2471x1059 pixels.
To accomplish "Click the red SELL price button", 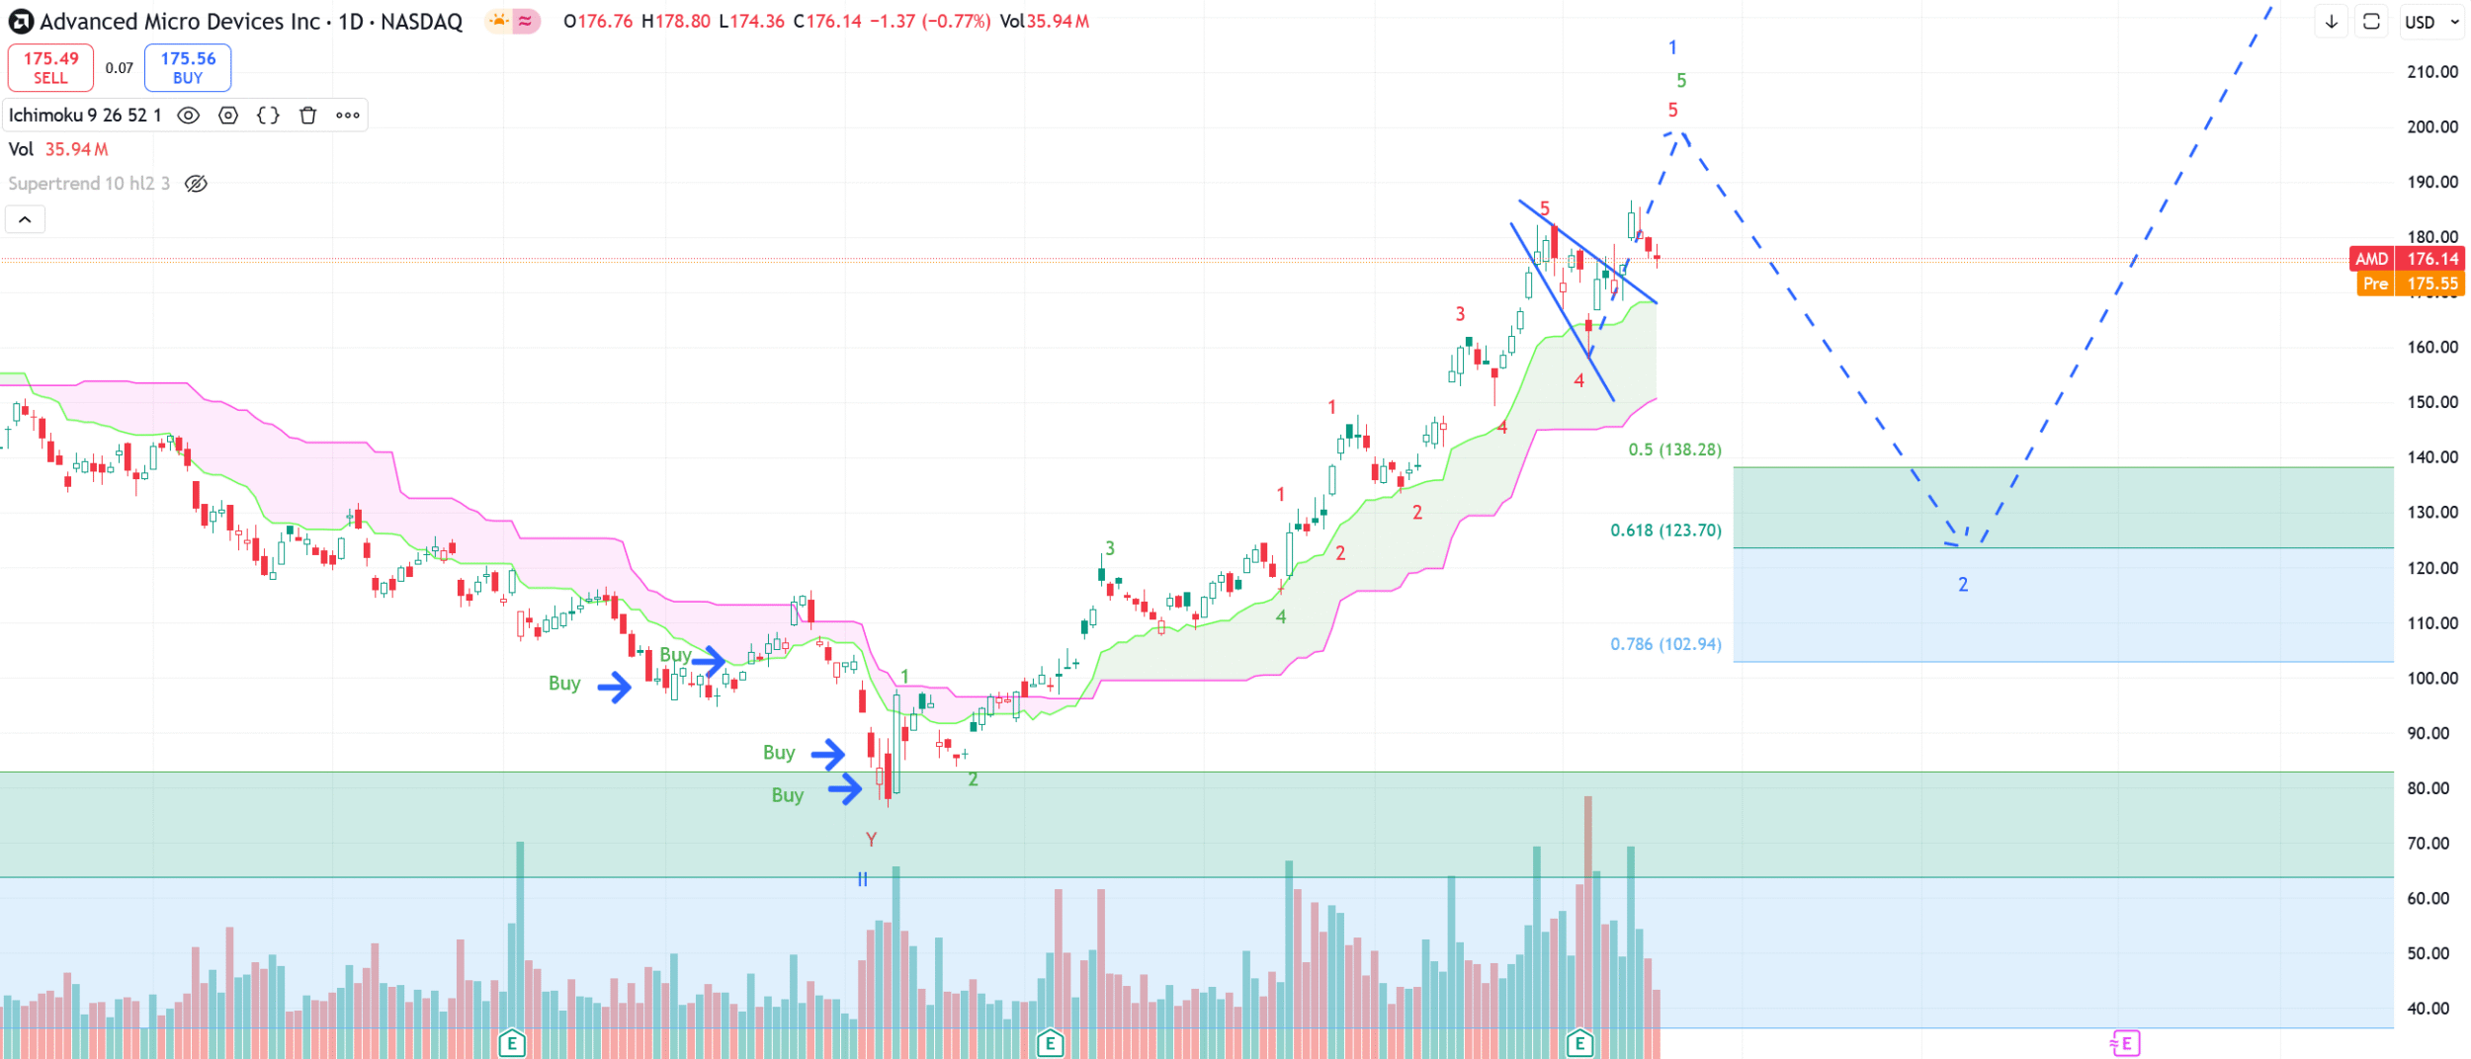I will pyautogui.click(x=50, y=67).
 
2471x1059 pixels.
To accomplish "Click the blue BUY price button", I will pyautogui.click(x=188, y=67).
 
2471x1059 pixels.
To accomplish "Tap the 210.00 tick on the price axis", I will pyautogui.click(x=2431, y=72).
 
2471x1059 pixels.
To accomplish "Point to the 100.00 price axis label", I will pyautogui.click(x=2431, y=679).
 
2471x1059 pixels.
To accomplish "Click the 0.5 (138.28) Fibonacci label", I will pyautogui.click(x=1674, y=450).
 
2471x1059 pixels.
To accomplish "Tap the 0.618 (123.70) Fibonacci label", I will pyautogui.click(x=1665, y=530).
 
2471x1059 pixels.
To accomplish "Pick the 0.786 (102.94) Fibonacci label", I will pyautogui.click(x=1665, y=644).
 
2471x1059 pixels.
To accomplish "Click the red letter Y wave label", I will pyautogui.click(x=871, y=840).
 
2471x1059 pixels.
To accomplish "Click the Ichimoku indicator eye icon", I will pyautogui.click(x=188, y=116).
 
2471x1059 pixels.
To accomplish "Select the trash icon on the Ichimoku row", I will pyautogui.click(x=308, y=116).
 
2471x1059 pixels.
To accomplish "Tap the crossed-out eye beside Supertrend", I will pyautogui.click(x=197, y=184).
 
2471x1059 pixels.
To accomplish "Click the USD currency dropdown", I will pyautogui.click(x=2431, y=22).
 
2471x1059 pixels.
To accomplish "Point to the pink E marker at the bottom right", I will pyautogui.click(x=2125, y=1042).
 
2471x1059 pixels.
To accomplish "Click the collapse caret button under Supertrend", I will pyautogui.click(x=25, y=219).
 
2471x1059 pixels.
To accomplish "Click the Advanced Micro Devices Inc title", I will pyautogui.click(x=180, y=22).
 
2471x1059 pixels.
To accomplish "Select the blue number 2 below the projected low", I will pyautogui.click(x=1963, y=585).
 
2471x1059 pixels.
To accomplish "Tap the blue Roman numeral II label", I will pyautogui.click(x=863, y=879).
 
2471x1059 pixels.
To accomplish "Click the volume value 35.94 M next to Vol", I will pyautogui.click(x=76, y=149).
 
